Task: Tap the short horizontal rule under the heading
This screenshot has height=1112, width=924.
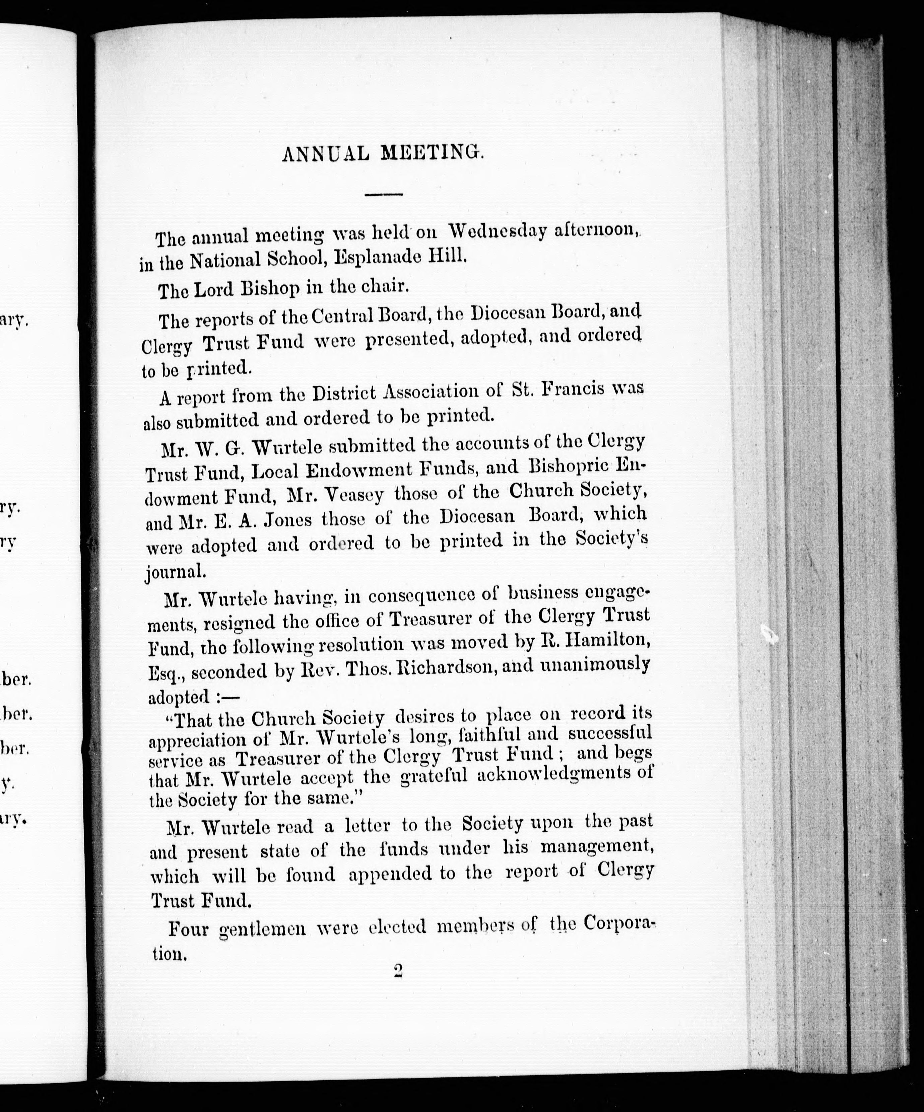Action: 384,195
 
